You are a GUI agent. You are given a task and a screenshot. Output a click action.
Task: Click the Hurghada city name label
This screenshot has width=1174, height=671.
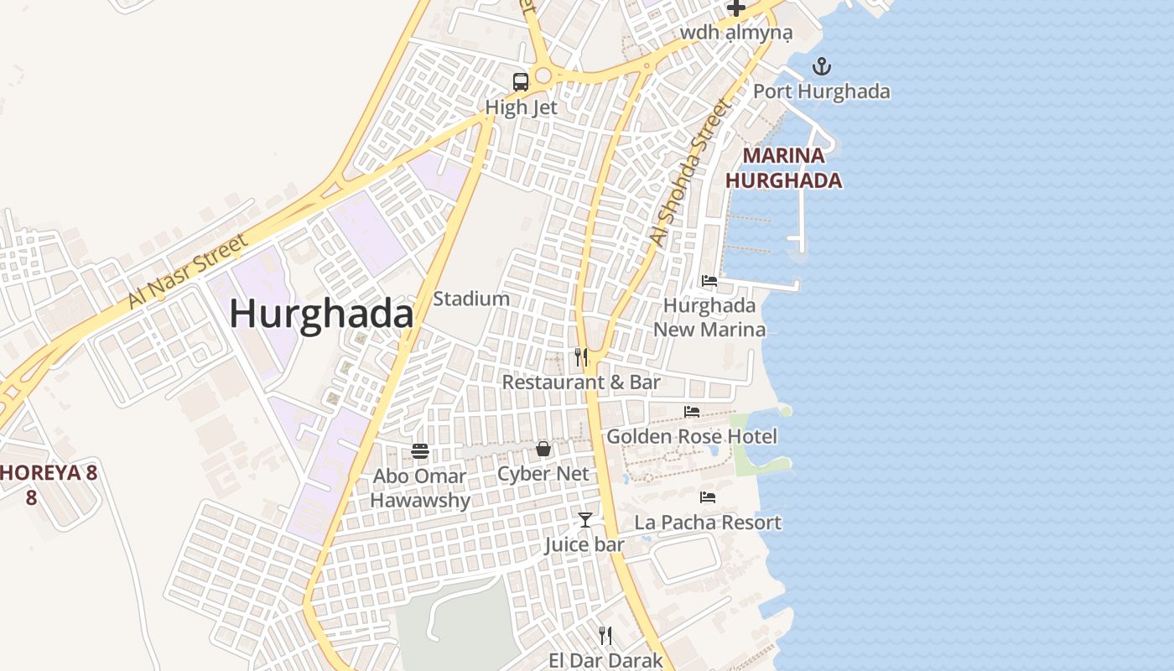(321, 315)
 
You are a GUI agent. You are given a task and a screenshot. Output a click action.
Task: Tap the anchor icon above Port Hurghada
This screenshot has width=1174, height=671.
(822, 66)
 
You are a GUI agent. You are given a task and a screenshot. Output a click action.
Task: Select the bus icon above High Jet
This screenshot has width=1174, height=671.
(521, 82)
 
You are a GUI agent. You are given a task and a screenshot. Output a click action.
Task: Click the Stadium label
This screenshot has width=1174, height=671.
(471, 299)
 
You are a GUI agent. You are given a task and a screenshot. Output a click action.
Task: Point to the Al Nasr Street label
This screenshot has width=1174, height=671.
(189, 271)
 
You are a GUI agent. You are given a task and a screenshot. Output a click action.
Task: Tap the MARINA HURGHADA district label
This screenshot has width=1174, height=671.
(783, 168)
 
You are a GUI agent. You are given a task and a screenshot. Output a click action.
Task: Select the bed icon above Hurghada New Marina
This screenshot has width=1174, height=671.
(709, 281)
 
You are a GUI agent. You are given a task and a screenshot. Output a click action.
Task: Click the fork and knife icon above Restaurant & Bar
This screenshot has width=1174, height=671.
(581, 357)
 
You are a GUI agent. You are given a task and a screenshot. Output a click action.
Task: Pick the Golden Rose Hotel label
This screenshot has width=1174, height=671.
(692, 436)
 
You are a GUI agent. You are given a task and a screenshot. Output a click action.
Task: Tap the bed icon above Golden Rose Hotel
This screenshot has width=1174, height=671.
(692, 412)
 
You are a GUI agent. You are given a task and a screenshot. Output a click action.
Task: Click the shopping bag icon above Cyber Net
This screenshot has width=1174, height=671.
(543, 449)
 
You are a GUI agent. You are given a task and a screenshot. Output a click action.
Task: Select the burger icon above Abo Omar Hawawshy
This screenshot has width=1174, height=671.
(420, 452)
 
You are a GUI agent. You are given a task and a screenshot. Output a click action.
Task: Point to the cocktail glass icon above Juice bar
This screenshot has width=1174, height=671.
(584, 520)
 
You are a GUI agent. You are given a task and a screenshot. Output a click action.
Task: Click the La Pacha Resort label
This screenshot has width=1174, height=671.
(708, 523)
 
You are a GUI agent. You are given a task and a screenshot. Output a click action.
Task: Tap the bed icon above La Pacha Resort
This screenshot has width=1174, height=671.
(708, 497)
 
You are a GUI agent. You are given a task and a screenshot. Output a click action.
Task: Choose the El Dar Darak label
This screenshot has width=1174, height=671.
(605, 660)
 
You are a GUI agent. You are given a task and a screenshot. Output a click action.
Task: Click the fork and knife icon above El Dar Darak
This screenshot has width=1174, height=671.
(605, 636)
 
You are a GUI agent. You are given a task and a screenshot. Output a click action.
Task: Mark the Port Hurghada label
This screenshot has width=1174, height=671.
(822, 91)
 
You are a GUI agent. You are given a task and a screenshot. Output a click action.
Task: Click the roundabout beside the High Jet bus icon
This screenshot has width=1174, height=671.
(543, 76)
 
